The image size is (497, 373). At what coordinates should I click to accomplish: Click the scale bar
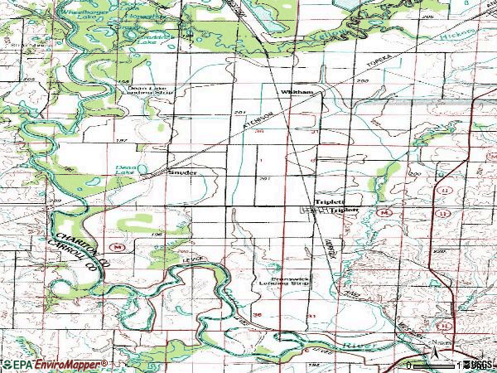(431, 365)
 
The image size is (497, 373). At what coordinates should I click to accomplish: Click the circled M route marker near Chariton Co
(119, 246)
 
